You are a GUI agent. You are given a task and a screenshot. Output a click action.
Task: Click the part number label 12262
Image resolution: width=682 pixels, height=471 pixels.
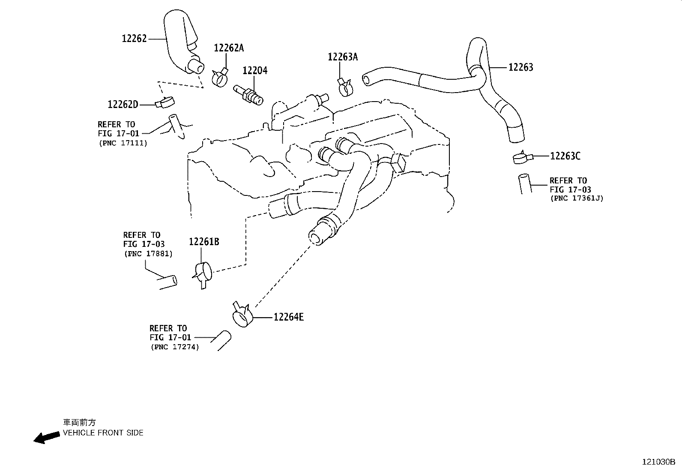pyautogui.click(x=134, y=39)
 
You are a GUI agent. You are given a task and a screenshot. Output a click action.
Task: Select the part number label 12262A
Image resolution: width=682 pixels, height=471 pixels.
pyautogui.click(x=229, y=48)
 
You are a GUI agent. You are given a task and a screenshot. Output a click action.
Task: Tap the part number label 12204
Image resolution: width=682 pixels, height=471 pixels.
pyautogui.click(x=255, y=71)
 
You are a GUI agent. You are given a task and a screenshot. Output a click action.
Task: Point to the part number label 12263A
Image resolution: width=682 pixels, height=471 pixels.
pyautogui.click(x=343, y=57)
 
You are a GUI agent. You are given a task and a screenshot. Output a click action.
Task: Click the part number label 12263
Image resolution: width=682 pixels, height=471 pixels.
pyautogui.click(x=520, y=67)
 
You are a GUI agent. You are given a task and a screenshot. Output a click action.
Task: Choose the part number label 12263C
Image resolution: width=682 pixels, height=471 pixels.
pyautogui.click(x=565, y=156)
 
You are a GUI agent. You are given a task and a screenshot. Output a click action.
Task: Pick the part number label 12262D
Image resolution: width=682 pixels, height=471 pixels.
pyautogui.click(x=123, y=105)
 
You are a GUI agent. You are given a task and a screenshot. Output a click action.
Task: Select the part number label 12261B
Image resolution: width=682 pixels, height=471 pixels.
pyautogui.click(x=204, y=242)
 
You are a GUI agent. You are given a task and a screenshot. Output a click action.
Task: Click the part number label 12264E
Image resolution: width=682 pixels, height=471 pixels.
pyautogui.click(x=289, y=317)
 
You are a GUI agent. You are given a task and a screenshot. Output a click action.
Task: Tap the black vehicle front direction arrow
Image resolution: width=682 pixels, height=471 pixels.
pyautogui.click(x=46, y=437)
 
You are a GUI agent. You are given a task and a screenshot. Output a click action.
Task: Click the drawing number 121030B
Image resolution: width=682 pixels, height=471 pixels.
pyautogui.click(x=658, y=462)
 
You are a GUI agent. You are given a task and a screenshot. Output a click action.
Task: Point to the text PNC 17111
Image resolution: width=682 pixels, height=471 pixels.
pyautogui.click(x=123, y=143)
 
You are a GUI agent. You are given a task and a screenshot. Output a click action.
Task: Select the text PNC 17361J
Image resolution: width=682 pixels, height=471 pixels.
pyautogui.click(x=577, y=198)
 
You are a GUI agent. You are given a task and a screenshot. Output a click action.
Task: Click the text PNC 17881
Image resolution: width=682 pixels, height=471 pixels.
pyautogui.click(x=148, y=254)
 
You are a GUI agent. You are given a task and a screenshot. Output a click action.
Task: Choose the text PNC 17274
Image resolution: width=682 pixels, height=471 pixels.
pyautogui.click(x=175, y=347)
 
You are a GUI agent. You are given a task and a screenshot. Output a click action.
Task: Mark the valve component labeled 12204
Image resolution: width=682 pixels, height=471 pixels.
pyautogui.click(x=248, y=94)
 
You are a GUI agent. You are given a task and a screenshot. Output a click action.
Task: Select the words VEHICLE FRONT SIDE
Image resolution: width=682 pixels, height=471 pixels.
pyautogui.click(x=103, y=433)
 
